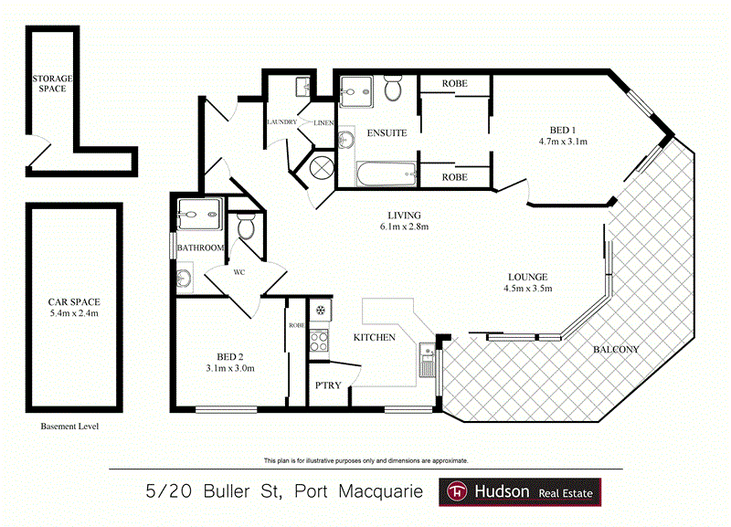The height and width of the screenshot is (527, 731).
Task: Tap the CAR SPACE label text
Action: click(x=74, y=301)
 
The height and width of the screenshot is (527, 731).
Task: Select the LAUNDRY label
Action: click(x=282, y=121)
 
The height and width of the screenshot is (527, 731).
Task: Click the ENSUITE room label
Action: click(x=387, y=133)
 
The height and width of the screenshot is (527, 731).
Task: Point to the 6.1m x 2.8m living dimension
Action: click(x=404, y=227)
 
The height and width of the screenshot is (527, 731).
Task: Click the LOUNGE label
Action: click(x=528, y=277)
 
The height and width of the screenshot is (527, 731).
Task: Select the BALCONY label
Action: click(x=616, y=350)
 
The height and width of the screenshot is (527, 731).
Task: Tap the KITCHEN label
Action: click(x=375, y=337)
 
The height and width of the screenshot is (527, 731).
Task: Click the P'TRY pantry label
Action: click(x=327, y=385)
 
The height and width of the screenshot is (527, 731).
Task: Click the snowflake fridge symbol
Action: click(x=321, y=311)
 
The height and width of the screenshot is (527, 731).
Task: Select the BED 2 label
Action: click(x=230, y=356)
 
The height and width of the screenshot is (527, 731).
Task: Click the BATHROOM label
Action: click(x=201, y=248)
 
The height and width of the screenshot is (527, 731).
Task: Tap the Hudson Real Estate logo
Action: click(x=521, y=492)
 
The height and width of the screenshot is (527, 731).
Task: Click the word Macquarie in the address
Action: click(x=377, y=492)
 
